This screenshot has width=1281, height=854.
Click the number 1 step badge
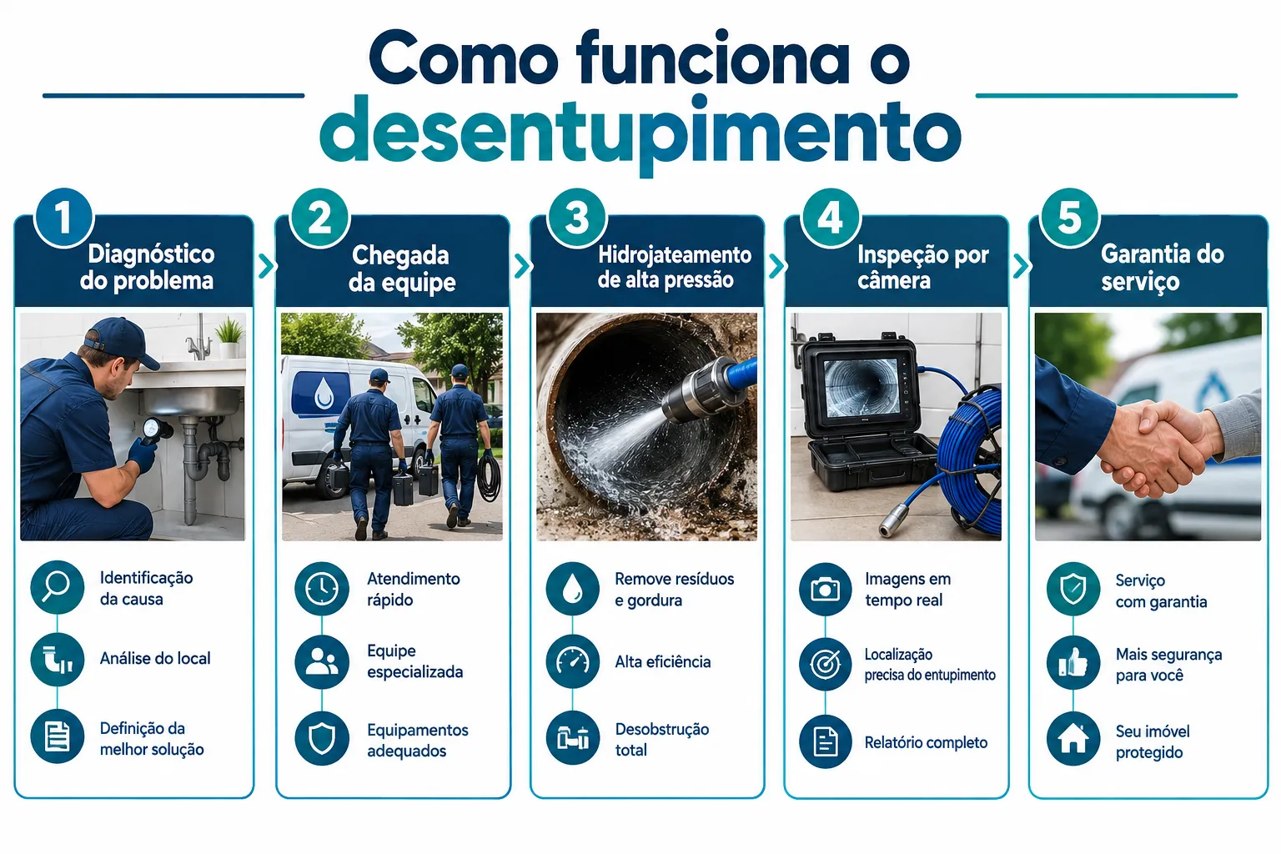(63, 218)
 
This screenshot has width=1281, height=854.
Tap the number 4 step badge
(830, 218)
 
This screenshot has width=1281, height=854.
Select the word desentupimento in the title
(640, 135)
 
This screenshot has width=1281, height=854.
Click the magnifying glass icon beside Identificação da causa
(58, 587)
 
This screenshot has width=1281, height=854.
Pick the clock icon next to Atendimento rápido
(321, 589)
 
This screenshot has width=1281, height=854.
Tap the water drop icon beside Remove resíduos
(572, 589)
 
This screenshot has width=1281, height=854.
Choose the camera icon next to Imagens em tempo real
(825, 589)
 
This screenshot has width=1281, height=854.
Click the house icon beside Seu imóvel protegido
(1073, 738)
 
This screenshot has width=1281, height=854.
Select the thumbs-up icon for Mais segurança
(1073, 664)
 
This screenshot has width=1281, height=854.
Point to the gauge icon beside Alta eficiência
(572, 662)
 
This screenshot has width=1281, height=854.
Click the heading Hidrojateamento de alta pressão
(674, 267)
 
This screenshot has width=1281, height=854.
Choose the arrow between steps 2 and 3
(521, 266)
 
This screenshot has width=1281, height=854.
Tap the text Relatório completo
(926, 742)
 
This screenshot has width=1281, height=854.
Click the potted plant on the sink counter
(230, 338)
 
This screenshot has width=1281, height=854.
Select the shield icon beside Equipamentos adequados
(321, 738)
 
